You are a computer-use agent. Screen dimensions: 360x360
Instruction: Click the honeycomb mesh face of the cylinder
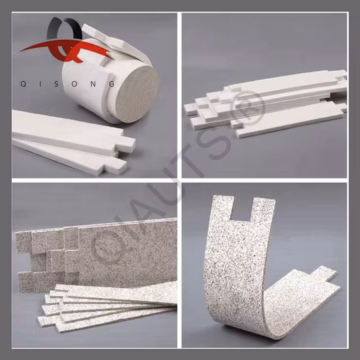(x=137, y=94)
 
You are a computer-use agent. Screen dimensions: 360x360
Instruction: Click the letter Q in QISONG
(x=23, y=84)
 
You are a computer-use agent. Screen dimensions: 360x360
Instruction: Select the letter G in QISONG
(x=111, y=84)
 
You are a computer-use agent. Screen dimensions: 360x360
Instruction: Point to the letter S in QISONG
(x=56, y=84)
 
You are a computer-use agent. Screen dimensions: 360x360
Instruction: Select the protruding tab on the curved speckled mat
(x=324, y=274)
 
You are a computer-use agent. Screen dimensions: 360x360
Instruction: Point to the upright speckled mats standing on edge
(x=96, y=254)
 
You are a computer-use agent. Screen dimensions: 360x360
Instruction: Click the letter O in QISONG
(x=75, y=84)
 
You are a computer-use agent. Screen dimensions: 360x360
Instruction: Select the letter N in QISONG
(x=93, y=84)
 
